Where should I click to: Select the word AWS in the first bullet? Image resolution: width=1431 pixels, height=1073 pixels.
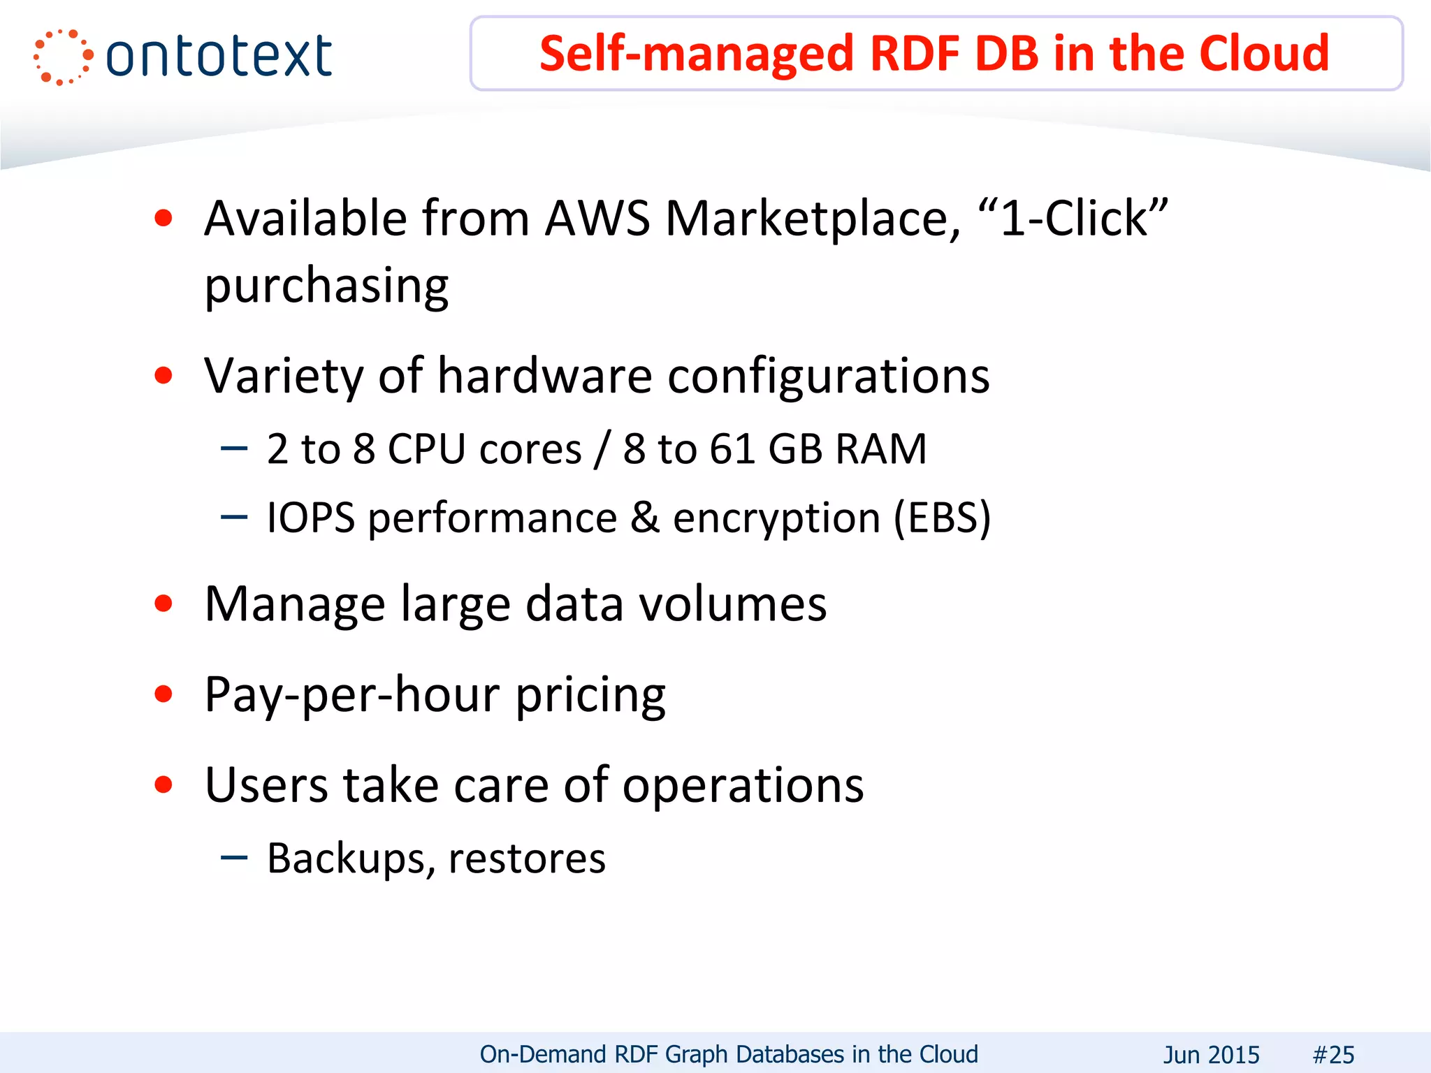(597, 219)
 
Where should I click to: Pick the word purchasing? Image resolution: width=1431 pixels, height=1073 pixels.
(326, 286)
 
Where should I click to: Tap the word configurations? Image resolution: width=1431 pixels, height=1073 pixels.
(829, 377)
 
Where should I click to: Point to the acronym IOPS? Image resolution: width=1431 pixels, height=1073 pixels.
(311, 518)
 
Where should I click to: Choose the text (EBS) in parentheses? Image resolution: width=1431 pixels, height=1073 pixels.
(943, 518)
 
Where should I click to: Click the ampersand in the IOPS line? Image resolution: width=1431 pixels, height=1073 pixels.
(645, 518)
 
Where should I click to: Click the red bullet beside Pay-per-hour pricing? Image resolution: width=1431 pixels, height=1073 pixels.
(164, 694)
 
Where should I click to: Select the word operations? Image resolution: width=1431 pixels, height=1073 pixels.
(743, 786)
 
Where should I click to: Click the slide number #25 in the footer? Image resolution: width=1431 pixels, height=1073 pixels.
(1333, 1054)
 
